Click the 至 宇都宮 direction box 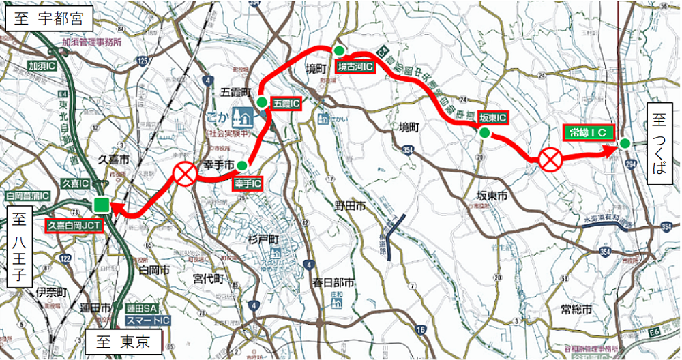pos(47,19)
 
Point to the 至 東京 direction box pos(123,342)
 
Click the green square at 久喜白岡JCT pos(102,205)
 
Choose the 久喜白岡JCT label pos(74,225)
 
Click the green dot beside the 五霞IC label pos(262,103)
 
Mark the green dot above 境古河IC pos(338,50)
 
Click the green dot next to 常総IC pos(624,143)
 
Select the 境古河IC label pos(355,67)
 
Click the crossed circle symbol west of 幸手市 pos(184,174)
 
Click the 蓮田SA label pos(140,310)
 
